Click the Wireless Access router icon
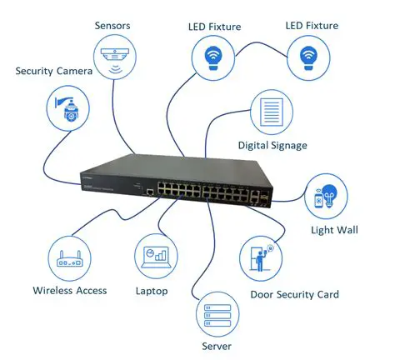coord(69,259)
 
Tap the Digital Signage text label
coord(272,146)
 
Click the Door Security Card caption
coord(294,294)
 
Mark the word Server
coord(216,346)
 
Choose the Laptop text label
coord(152,291)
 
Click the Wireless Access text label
coord(70,291)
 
